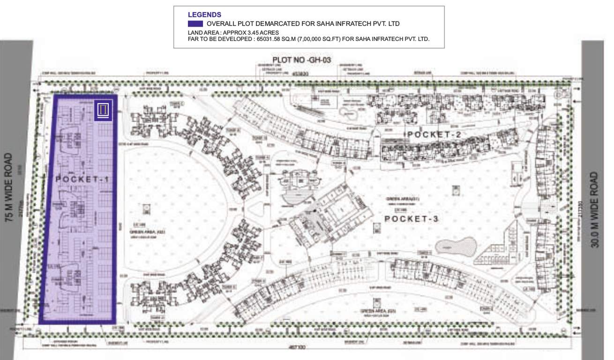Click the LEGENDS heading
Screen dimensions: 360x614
coord(204,15)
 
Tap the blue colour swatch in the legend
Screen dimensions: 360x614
coord(195,23)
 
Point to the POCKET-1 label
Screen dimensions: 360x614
coord(79,179)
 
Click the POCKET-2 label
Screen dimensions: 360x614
coord(434,135)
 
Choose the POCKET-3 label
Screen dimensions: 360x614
coord(412,219)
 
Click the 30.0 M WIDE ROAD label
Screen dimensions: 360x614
coord(594,210)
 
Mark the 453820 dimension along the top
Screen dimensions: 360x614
coord(300,74)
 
